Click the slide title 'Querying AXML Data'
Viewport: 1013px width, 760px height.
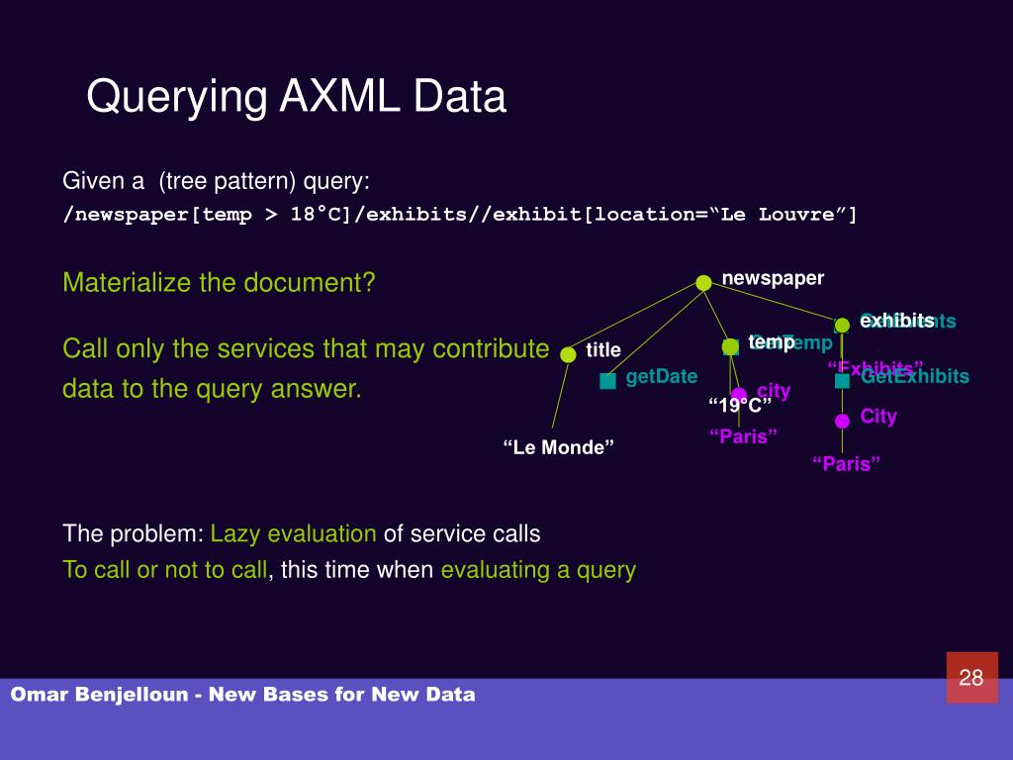tap(296, 97)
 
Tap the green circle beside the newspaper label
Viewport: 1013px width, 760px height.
tap(703, 283)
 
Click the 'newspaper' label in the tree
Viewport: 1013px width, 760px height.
tap(773, 278)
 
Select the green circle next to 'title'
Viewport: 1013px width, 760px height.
tap(568, 354)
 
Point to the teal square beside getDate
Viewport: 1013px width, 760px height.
tap(607, 381)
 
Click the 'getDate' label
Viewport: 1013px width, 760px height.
tap(662, 376)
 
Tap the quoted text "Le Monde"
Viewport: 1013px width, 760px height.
tap(559, 447)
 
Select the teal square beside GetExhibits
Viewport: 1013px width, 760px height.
tap(842, 381)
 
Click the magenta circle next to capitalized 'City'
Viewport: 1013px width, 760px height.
tap(842, 421)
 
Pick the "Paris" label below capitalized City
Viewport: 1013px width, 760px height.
tap(847, 464)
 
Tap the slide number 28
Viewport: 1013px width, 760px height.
tap(971, 678)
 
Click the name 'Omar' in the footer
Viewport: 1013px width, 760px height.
tap(39, 695)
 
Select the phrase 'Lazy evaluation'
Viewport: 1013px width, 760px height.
tap(293, 534)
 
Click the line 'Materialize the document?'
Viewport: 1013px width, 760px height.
tap(219, 283)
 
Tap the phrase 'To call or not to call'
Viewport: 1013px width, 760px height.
tap(164, 570)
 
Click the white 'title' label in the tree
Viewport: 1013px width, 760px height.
tap(603, 350)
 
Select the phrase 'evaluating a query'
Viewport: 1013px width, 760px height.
tap(538, 570)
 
